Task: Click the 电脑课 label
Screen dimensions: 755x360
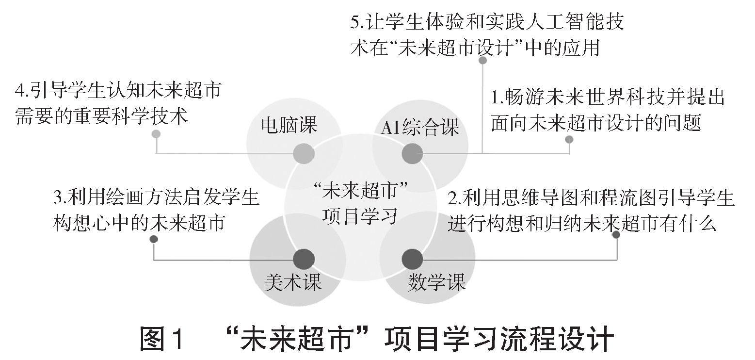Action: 289,125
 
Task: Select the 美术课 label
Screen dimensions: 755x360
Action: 293,282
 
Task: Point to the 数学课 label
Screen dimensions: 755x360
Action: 436,282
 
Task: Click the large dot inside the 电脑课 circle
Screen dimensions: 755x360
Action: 304,154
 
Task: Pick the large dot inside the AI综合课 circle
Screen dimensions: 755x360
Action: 413,154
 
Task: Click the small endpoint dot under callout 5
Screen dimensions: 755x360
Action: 482,61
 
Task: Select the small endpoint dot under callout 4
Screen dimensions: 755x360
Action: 156,134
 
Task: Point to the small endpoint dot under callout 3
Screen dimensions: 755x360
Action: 154,239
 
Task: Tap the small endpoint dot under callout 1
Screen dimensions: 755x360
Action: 569,140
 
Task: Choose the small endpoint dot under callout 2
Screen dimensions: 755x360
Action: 616,235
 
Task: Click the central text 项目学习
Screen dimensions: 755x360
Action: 359,215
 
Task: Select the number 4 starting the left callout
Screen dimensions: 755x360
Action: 20,90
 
